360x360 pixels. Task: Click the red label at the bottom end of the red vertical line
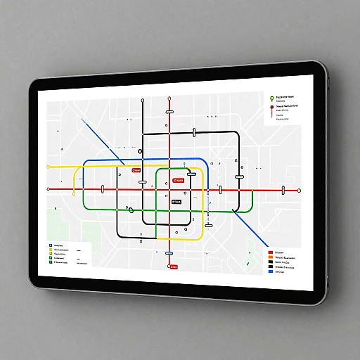174,267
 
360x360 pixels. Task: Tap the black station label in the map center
176,201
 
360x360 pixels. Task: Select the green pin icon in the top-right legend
271,98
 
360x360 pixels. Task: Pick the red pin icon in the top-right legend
271,108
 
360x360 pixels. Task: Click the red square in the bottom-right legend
270,253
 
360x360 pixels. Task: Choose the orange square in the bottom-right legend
270,259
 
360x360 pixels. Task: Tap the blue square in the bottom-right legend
270,271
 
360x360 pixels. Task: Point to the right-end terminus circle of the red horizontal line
300,191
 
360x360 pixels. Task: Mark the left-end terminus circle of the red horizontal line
48,188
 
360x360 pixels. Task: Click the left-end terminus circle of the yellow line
47,167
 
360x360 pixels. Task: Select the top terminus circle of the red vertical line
169,99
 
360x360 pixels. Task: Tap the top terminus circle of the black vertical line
143,101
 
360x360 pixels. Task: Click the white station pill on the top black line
194,131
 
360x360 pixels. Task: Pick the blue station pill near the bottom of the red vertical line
169,253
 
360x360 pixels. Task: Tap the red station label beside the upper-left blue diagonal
136,169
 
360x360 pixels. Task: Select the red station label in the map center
178,181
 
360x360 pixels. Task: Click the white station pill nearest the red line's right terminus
283,189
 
